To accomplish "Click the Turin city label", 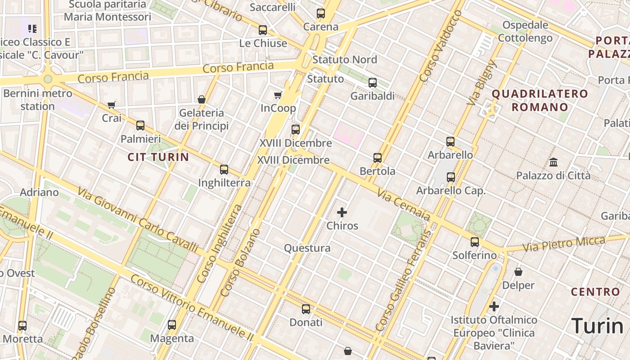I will tap(597, 326).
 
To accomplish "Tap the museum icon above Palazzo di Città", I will tap(553, 162).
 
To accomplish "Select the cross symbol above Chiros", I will tap(342, 212).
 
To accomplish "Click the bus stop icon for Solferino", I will tap(475, 242).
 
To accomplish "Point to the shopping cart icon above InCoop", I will tap(278, 95).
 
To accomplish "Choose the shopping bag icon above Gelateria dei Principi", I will tap(202, 99).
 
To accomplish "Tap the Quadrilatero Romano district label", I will tap(540, 100).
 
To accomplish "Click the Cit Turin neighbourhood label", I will tap(158, 157).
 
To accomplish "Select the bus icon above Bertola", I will tap(378, 158).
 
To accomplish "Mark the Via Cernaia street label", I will tap(404, 205).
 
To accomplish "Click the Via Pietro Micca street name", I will tap(563, 244).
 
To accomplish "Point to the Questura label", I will tap(307, 248).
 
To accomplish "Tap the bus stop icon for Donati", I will tap(306, 309).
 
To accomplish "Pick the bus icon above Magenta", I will tap(172, 325).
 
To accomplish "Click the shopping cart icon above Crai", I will tap(112, 105).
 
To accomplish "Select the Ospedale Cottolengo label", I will tap(525, 31).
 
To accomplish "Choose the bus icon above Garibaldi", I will tap(373, 83).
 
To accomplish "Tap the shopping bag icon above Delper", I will tap(518, 272).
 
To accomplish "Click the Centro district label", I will tap(596, 292).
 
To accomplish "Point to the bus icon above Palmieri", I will tap(140, 126).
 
